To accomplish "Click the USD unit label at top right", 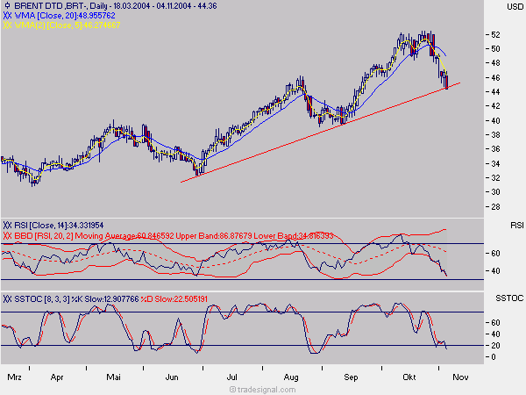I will (515, 7).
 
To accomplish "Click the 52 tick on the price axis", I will (495, 35).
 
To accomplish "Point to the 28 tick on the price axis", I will (495, 206).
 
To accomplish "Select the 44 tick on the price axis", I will (495, 92).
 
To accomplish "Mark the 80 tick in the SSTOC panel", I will (495, 312).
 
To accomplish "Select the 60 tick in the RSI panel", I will (495, 249).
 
